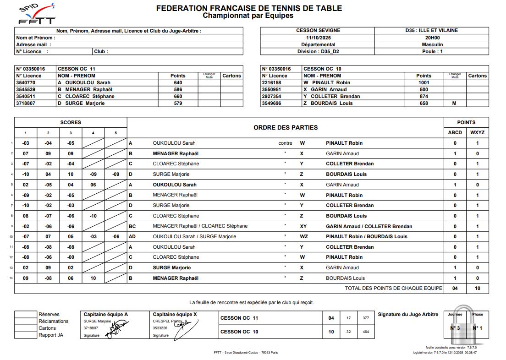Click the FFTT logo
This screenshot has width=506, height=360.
click(x=37, y=14)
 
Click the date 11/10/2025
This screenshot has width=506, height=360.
click(x=318, y=38)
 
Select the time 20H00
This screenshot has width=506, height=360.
click(x=432, y=38)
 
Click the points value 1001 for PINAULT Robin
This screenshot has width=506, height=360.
click(x=423, y=82)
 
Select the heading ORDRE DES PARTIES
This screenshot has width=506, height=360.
click(x=285, y=127)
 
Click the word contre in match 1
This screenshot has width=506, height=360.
click(x=285, y=143)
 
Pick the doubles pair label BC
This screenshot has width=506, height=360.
click(x=132, y=226)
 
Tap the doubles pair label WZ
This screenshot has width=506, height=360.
click(x=303, y=237)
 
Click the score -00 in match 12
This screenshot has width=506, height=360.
click(x=71, y=257)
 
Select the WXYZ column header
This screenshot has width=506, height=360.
click(x=477, y=133)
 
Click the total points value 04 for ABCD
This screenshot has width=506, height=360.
click(x=455, y=289)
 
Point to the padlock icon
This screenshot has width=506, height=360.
click(x=466, y=327)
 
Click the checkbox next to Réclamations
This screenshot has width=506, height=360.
click(x=25, y=322)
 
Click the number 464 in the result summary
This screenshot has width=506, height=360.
click(x=365, y=332)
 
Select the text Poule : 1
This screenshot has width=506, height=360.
click(x=432, y=51)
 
